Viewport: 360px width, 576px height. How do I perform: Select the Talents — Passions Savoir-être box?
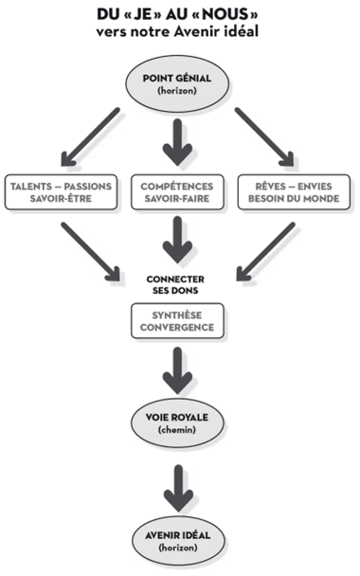click(61, 192)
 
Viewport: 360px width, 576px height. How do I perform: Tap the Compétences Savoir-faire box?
click(178, 192)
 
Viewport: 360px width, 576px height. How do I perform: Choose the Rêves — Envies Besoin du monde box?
click(296, 192)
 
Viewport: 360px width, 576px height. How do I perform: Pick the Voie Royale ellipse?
click(178, 421)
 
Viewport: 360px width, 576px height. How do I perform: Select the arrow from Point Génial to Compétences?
click(178, 138)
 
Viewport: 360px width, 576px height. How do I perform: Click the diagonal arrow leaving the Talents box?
click(91, 252)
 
